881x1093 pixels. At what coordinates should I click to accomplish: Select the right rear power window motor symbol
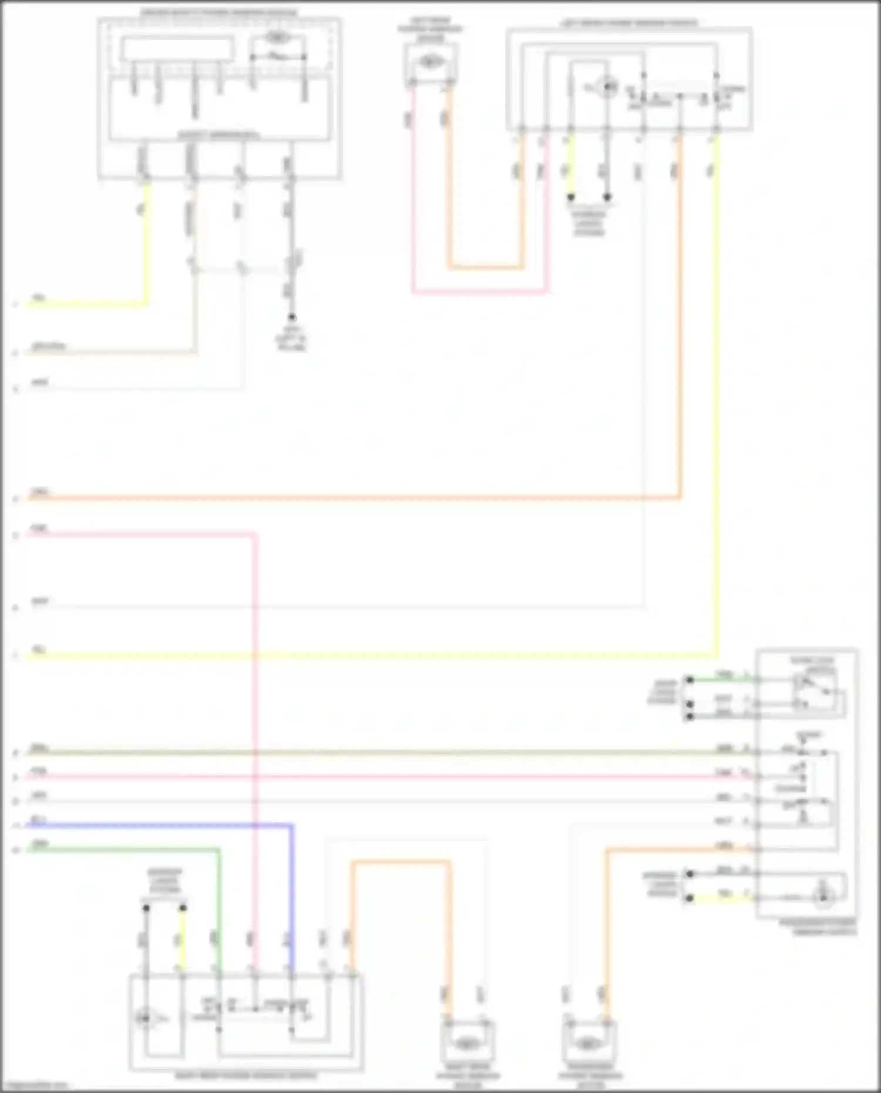pyautogui.click(x=468, y=1044)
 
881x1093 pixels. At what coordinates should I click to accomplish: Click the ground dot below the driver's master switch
pyautogui.click(x=291, y=317)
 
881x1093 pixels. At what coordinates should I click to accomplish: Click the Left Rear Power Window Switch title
pyautogui.click(x=628, y=23)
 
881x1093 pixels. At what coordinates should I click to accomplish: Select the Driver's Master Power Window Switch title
pyautogui.click(x=218, y=12)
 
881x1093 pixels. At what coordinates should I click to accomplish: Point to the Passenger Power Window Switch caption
pyautogui.click(x=817, y=927)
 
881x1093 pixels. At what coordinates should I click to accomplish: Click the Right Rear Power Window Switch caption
pyautogui.click(x=246, y=1076)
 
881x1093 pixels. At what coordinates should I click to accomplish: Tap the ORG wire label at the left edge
pyautogui.click(x=40, y=492)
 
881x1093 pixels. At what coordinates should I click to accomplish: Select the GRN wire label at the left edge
pyautogui.click(x=40, y=844)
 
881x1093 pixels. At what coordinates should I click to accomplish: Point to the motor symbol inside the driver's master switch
pyautogui.click(x=277, y=38)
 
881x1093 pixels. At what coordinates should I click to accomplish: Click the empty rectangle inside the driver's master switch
pyautogui.click(x=177, y=49)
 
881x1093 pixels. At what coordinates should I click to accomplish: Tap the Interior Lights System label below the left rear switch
pyautogui.click(x=589, y=223)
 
